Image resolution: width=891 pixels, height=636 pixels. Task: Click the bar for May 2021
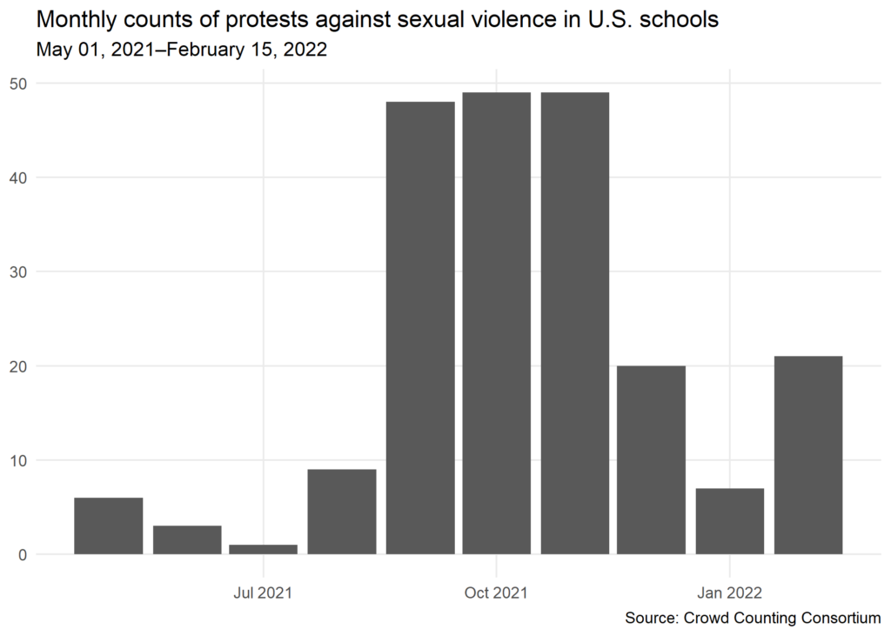pyautogui.click(x=109, y=526)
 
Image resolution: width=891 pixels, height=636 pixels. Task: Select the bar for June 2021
pyautogui.click(x=187, y=539)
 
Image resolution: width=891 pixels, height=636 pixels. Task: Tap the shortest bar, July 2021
pyautogui.click(x=264, y=549)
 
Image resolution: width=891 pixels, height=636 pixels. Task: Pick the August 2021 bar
pyautogui.click(x=342, y=512)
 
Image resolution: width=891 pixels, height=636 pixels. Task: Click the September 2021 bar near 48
pyautogui.click(x=420, y=328)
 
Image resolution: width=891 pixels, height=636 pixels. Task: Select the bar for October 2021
pyautogui.click(x=497, y=323)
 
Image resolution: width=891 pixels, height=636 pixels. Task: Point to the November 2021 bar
pyautogui.click(x=574, y=323)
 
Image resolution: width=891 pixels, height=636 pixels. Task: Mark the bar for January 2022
pyautogui.click(x=730, y=521)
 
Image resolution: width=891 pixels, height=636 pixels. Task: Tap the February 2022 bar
pyautogui.click(x=808, y=455)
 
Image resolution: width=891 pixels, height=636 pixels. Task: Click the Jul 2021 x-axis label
pyautogui.click(x=263, y=593)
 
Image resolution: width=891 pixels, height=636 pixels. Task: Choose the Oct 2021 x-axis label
pyautogui.click(x=496, y=593)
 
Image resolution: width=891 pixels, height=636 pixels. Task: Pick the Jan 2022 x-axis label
pyautogui.click(x=729, y=593)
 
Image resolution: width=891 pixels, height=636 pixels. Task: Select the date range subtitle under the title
pyautogui.click(x=181, y=50)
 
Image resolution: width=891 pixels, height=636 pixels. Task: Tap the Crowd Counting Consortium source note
pyautogui.click(x=753, y=618)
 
